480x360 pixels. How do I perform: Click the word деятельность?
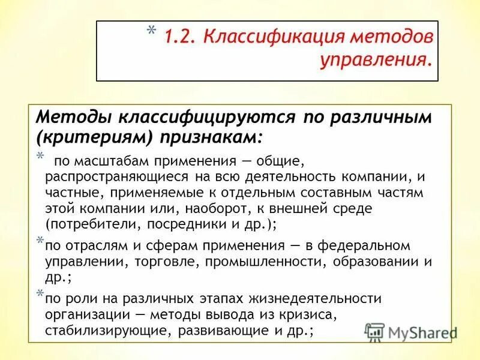click(313, 178)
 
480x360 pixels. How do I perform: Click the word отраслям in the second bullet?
click(89, 246)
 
